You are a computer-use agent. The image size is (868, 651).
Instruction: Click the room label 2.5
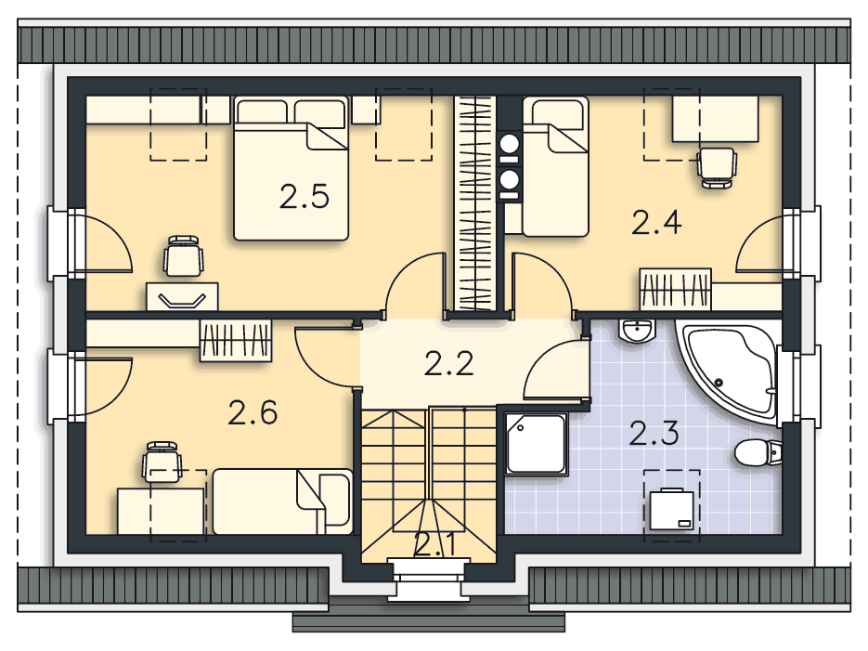pos(304,197)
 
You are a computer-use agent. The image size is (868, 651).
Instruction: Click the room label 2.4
pos(656,223)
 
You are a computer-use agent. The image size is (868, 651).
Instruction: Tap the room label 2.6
pos(253,411)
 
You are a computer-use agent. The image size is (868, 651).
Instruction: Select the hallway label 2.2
pos(449,363)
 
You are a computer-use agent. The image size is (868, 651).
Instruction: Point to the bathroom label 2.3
pos(654,433)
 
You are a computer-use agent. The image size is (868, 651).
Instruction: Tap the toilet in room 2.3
pos(757,453)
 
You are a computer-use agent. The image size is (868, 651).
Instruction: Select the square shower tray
pos(536,445)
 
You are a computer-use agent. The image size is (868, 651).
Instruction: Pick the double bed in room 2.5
pos(291,167)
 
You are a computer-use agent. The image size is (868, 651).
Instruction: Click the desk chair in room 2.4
pos(717,167)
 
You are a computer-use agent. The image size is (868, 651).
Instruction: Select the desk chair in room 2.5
pos(183,257)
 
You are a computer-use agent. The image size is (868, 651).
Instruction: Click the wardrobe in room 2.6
pos(236,340)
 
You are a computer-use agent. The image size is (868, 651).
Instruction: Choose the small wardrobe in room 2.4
pos(675,289)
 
